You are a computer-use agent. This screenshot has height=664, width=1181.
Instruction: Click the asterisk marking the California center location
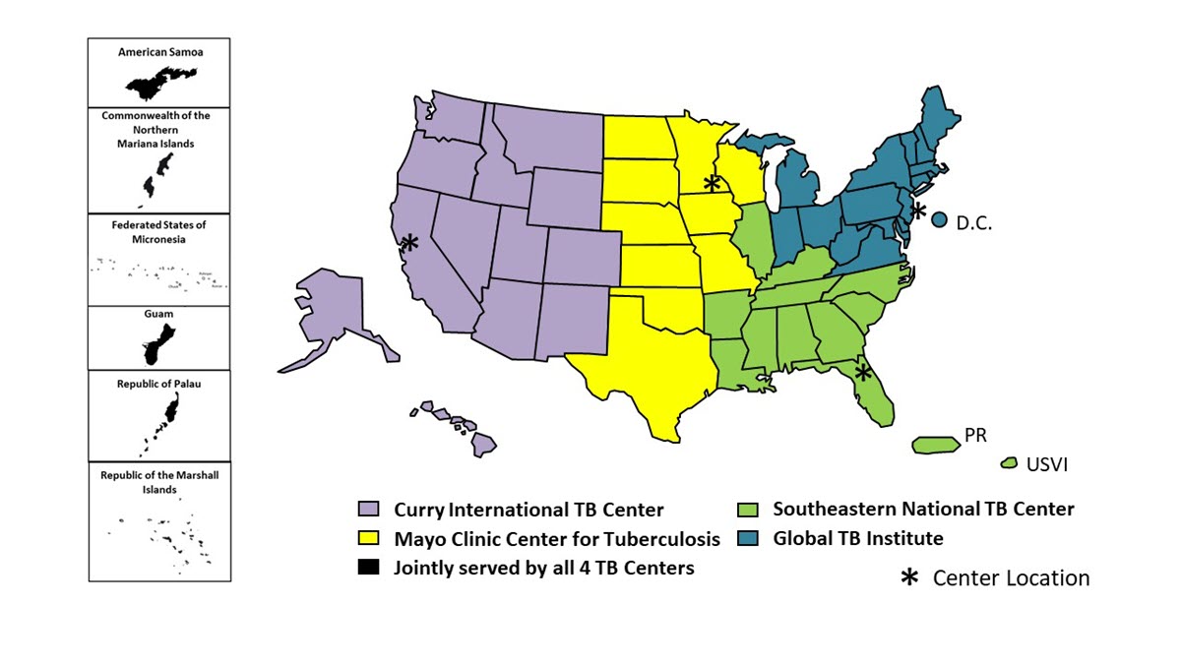(x=409, y=242)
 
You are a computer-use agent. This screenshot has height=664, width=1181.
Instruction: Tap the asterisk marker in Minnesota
(x=712, y=183)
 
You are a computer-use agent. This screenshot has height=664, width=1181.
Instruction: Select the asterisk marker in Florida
(x=864, y=373)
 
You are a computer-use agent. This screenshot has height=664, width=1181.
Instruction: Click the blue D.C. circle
(x=940, y=221)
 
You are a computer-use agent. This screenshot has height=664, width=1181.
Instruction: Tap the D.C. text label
(x=974, y=223)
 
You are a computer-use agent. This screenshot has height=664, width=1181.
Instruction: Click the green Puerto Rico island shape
(x=936, y=445)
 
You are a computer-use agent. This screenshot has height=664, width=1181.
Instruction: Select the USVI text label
(x=1046, y=463)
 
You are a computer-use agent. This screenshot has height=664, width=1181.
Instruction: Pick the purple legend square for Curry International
(x=368, y=510)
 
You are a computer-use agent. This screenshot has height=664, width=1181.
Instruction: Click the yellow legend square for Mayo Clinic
(x=368, y=538)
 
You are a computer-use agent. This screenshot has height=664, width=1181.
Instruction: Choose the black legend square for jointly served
(x=368, y=568)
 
